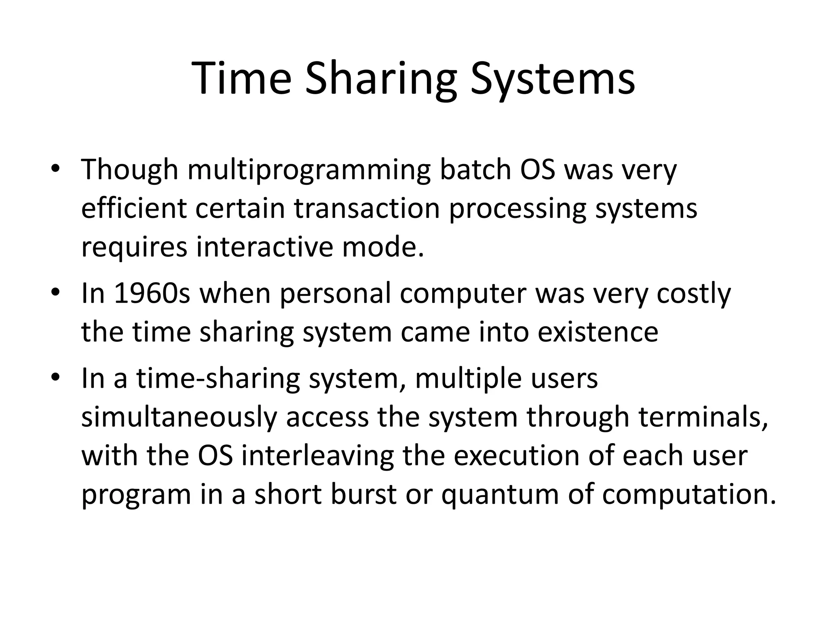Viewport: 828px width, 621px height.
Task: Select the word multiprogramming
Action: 309,170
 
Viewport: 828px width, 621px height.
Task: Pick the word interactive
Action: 264,247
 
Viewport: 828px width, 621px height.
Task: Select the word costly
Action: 694,294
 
